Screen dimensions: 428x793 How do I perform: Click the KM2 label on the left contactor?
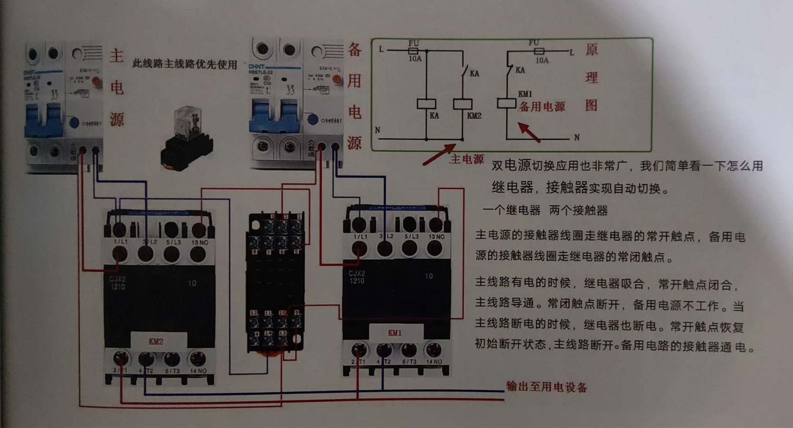(156, 341)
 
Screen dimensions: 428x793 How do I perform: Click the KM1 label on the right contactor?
(395, 333)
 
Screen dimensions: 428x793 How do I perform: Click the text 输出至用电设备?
(546, 387)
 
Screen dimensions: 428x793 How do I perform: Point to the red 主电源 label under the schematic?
(466, 159)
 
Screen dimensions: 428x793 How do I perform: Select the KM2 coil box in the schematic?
(462, 104)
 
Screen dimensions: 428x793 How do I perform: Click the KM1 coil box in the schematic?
(506, 103)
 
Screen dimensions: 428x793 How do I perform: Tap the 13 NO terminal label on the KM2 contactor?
(200, 243)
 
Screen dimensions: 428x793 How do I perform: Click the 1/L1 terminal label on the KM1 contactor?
(360, 237)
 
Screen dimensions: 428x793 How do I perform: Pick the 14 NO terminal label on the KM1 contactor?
(434, 362)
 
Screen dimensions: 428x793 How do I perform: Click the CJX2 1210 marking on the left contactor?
(117, 283)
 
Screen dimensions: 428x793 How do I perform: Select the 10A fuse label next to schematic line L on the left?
(415, 59)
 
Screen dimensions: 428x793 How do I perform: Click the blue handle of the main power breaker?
(45, 120)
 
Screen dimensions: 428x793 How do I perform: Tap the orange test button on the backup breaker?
(337, 79)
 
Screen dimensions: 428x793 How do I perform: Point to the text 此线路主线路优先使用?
(184, 64)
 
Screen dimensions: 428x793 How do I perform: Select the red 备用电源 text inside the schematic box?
(542, 107)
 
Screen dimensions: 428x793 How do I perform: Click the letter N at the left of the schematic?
(377, 130)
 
